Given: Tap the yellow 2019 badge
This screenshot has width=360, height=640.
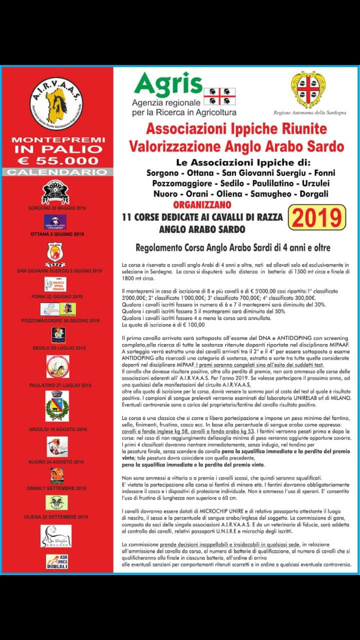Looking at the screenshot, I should tap(316, 217).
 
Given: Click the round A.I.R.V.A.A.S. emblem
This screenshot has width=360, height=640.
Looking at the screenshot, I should tap(56, 104).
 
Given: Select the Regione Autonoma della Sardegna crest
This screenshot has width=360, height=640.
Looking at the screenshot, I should tap(308, 90).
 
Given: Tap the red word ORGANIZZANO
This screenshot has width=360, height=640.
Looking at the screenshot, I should tap(202, 204).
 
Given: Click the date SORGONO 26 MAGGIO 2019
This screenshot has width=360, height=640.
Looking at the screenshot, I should tap(57, 207).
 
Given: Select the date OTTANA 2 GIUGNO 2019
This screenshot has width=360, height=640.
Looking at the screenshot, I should tap(57, 234).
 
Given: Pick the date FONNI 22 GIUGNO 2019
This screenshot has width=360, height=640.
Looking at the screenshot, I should tap(57, 297).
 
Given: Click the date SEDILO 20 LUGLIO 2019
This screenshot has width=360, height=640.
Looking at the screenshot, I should tap(57, 347).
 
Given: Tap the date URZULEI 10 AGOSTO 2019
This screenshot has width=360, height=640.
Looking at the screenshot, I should tap(57, 429).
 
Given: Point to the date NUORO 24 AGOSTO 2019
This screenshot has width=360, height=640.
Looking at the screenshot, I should tap(57, 462).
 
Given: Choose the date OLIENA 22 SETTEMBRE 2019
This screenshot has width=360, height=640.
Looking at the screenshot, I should tap(57, 517).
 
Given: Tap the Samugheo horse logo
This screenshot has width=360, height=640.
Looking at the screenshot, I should tap(56, 536).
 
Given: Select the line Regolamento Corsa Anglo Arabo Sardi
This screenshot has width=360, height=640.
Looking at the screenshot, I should tap(233, 247).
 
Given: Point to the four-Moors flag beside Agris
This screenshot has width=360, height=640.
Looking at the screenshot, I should tap(219, 95).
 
